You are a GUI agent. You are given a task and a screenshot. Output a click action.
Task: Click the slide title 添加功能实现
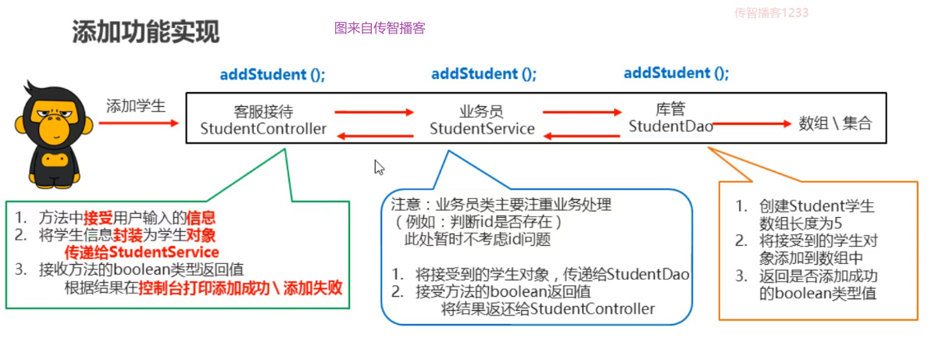pyautogui.click(x=146, y=32)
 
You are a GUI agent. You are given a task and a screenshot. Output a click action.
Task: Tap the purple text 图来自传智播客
pyautogui.click(x=380, y=28)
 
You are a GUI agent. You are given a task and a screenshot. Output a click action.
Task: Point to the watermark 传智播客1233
pyautogui.click(x=771, y=12)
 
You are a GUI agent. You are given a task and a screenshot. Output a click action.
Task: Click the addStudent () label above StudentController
pyautogui.click(x=273, y=75)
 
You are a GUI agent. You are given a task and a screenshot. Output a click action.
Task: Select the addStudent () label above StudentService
pyautogui.click(x=483, y=74)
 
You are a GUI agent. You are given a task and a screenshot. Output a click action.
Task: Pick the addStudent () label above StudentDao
pyautogui.click(x=676, y=73)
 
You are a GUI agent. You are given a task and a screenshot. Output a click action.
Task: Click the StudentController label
pyautogui.click(x=263, y=129)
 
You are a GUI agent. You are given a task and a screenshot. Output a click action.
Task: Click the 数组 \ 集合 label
pyautogui.click(x=835, y=123)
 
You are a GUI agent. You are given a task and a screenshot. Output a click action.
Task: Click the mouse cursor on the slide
pyautogui.click(x=379, y=167)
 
